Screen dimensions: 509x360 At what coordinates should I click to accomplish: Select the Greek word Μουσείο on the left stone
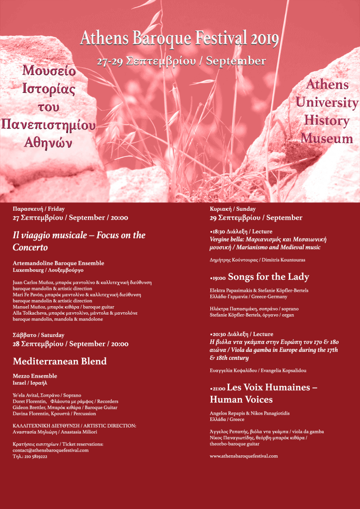[49, 72]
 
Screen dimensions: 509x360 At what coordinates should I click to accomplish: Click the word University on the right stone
[327, 103]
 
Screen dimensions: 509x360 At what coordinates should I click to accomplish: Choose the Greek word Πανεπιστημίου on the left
[49, 125]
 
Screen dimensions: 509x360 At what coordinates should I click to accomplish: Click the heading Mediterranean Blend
[60, 361]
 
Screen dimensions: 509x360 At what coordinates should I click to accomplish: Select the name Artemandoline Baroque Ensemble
[58, 263]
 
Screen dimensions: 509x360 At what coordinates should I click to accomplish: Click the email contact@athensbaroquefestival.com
[51, 450]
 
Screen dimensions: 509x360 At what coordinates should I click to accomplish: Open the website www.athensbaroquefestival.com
[244, 456]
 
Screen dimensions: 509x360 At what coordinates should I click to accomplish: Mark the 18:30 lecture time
[219, 232]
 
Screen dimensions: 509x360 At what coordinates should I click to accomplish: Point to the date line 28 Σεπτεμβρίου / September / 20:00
[70, 344]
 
